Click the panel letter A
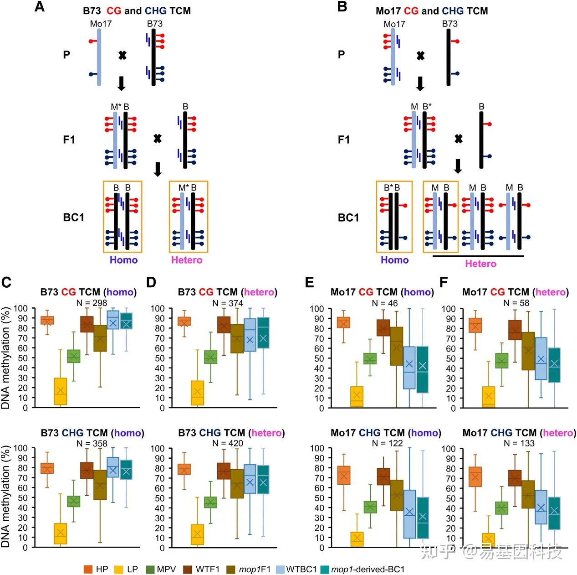tap(40, 6)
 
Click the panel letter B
tap(342, 6)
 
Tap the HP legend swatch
tap(88, 569)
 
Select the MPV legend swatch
tap(150, 569)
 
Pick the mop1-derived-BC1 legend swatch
tap(325, 569)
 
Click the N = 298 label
tap(92, 303)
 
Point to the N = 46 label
tap(384, 303)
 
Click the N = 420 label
tap(228, 443)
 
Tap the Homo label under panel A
tap(123, 260)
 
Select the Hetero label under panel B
tap(480, 264)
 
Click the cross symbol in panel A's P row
tap(122, 55)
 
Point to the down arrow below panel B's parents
tap(420, 84)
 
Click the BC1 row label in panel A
tap(73, 217)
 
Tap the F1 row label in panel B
tap(343, 140)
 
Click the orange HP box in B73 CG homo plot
tap(47, 321)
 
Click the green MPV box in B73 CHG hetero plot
tap(210, 502)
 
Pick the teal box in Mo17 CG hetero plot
tap(554, 365)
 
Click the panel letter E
tap(309, 282)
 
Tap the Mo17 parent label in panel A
tap(101, 24)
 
